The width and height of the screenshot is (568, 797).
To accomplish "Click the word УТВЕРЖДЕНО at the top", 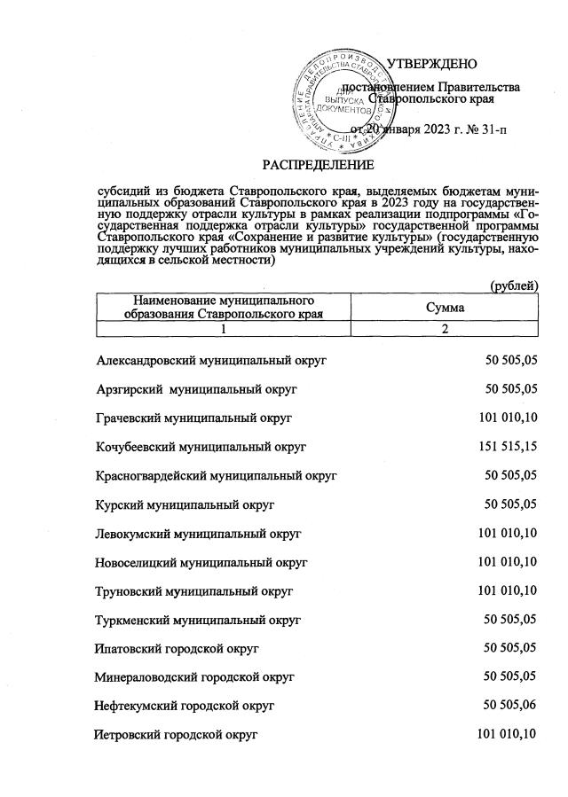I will tap(433, 63).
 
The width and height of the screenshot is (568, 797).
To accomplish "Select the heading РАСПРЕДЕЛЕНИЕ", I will tap(317, 165).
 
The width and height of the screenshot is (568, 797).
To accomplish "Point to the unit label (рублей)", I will tap(514, 285).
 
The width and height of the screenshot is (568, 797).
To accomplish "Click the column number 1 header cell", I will tap(224, 329).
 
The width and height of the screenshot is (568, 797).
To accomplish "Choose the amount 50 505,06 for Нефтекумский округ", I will tap(510, 705).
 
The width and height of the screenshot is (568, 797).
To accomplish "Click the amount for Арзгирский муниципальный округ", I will tap(510, 388).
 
